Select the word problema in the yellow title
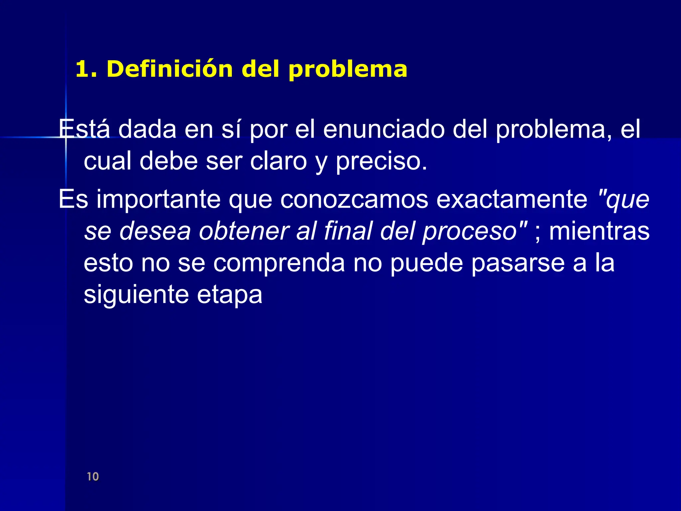tap(347, 70)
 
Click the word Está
tap(84, 129)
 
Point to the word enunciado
tap(384, 129)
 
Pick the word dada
tap(147, 129)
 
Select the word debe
tap(169, 161)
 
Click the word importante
tap(159, 199)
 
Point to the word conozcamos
tap(354, 199)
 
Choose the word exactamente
tap(512, 199)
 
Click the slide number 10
tap(93, 476)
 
